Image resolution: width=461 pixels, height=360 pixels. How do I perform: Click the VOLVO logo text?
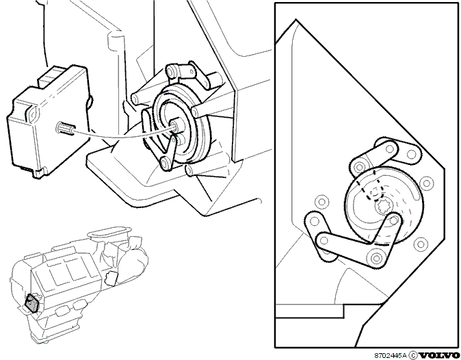[x=439, y=355]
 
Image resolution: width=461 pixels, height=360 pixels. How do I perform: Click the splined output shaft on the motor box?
[x=65, y=128]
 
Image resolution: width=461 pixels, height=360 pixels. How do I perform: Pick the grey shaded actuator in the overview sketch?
[x=31, y=303]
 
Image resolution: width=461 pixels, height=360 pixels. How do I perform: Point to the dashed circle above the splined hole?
[x=374, y=193]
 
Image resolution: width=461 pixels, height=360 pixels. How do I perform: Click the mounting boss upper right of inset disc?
[x=426, y=183]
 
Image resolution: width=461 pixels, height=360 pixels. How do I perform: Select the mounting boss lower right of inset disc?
[x=421, y=244]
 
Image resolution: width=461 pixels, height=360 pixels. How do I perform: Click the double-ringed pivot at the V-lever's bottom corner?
[x=376, y=258]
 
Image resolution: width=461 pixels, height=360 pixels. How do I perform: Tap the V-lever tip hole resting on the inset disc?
[x=395, y=219]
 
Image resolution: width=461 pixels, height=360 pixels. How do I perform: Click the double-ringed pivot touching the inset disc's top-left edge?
[x=359, y=168]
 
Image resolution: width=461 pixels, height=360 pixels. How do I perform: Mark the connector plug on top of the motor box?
[x=49, y=77]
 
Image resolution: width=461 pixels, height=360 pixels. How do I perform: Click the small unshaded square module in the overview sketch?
[x=111, y=279]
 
